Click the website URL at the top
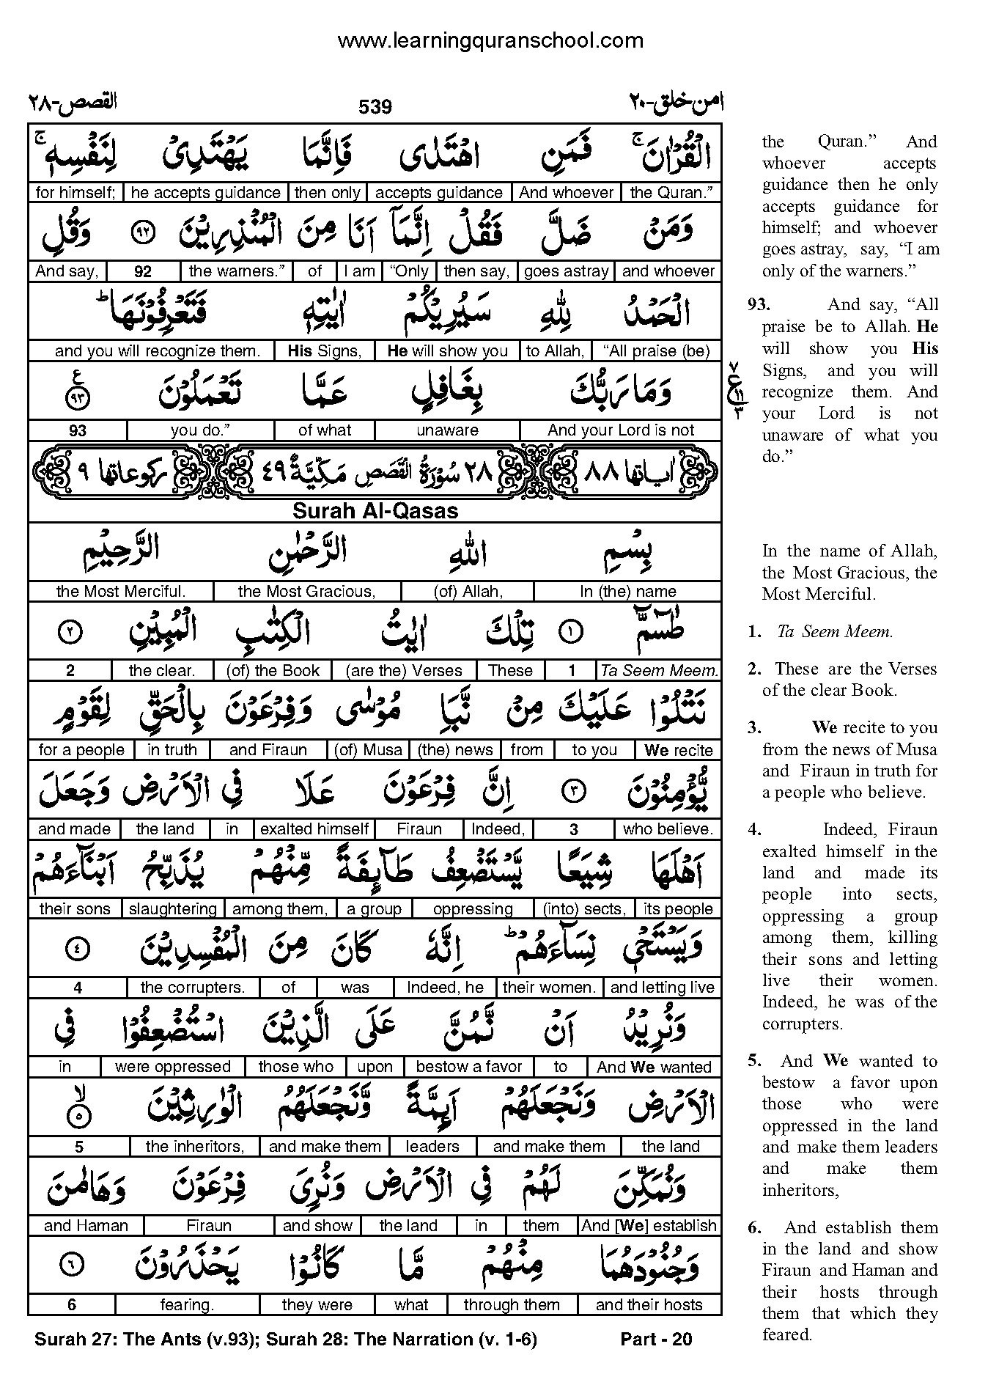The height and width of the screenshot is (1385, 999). coord(490,40)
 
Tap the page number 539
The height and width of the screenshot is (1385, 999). coord(375,108)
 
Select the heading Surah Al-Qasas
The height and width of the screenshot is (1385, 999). coord(375,511)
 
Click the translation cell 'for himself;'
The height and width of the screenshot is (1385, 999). coord(75,193)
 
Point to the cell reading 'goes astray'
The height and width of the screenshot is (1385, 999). coord(567,271)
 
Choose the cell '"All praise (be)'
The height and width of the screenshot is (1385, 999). coord(655,351)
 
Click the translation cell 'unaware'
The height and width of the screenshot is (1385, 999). coord(447,430)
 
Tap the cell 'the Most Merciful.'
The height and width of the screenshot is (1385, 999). coord(121,591)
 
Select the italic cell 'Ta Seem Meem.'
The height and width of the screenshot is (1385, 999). coord(659,670)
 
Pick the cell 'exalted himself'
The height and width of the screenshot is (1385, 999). coord(314,829)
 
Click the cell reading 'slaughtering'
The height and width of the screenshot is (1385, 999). coord(173,909)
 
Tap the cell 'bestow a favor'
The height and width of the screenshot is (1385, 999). coord(469,1067)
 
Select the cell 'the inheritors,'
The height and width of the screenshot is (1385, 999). coord(194,1147)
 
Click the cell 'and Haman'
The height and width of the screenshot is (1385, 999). coord(86,1226)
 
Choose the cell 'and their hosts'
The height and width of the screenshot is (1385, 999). coord(649,1305)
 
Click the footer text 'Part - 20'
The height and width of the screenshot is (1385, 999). coord(655,1340)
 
